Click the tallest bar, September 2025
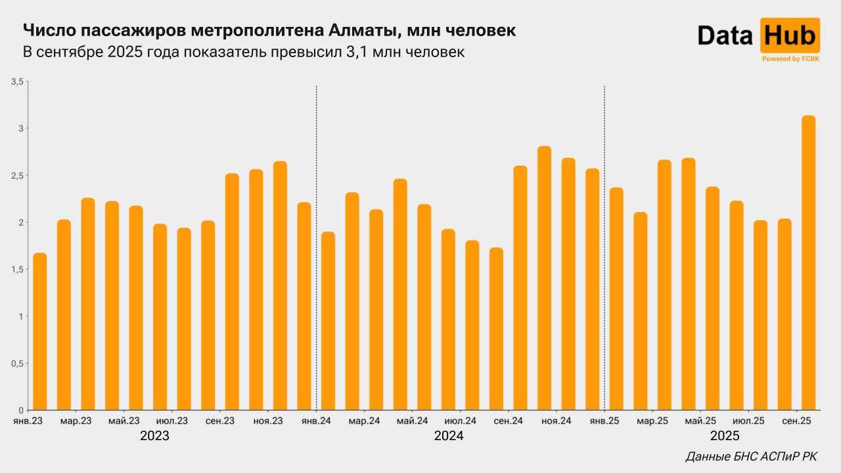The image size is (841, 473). click(808, 263)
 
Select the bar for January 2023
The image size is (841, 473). click(40, 332)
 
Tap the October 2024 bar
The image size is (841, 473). click(544, 279)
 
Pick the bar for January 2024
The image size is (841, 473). click(328, 321)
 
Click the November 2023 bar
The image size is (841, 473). click(280, 286)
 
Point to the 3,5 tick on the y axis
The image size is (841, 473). click(16, 81)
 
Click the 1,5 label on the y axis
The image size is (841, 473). click(16, 270)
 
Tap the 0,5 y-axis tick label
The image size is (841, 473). click(16, 364)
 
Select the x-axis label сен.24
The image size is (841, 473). click(508, 420)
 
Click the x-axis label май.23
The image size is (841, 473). click(124, 420)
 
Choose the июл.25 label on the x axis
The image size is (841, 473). click(748, 420)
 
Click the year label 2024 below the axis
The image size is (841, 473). click(449, 436)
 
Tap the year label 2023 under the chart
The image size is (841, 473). click(155, 436)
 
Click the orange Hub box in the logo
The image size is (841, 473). click(790, 35)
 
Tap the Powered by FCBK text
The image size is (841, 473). click(790, 59)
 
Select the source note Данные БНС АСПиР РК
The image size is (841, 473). click(751, 457)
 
